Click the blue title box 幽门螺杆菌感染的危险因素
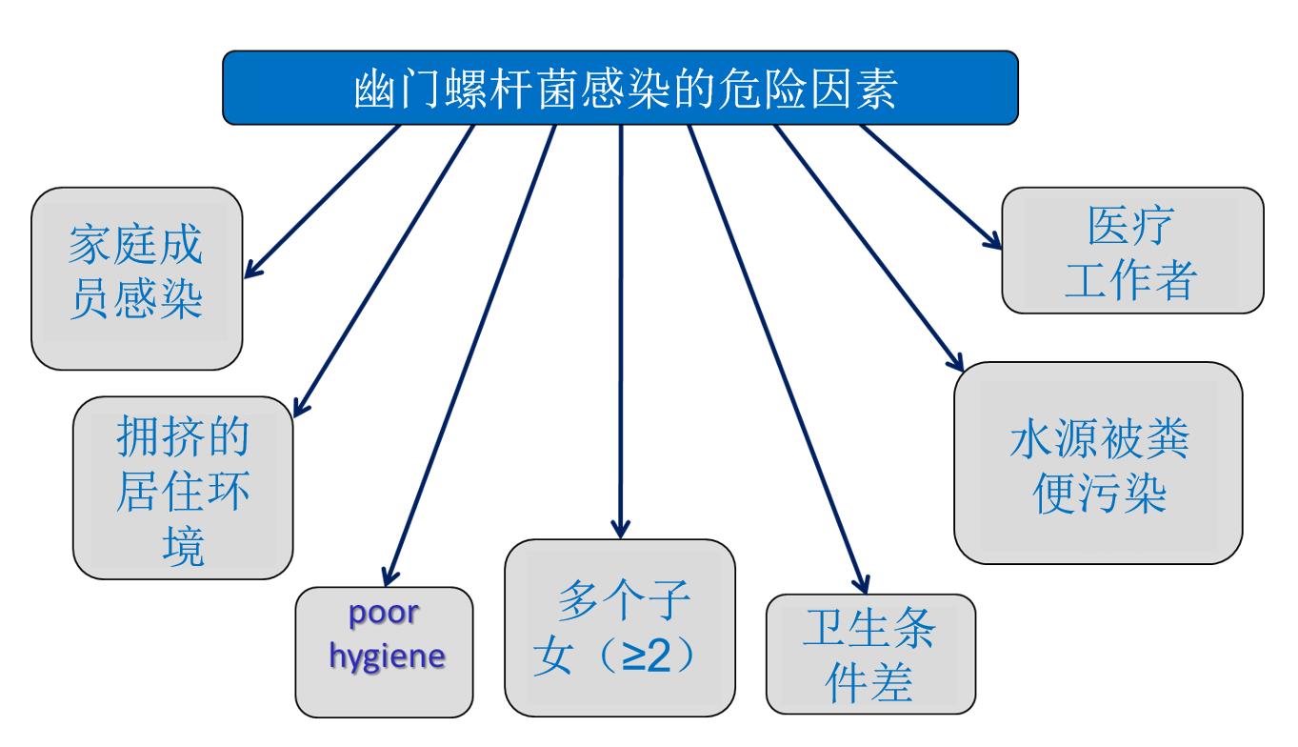620,88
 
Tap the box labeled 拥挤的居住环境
182,487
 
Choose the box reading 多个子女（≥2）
619,627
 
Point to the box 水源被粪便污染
1097,462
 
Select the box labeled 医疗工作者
1131,250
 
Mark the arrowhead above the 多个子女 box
620,527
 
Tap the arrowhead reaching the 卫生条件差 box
862,584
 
